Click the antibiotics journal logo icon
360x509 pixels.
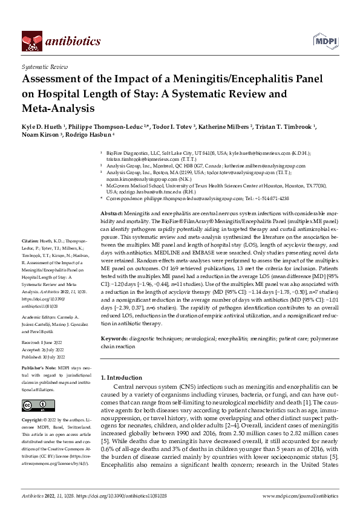[30, 41]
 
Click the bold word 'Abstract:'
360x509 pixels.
[111, 214]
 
